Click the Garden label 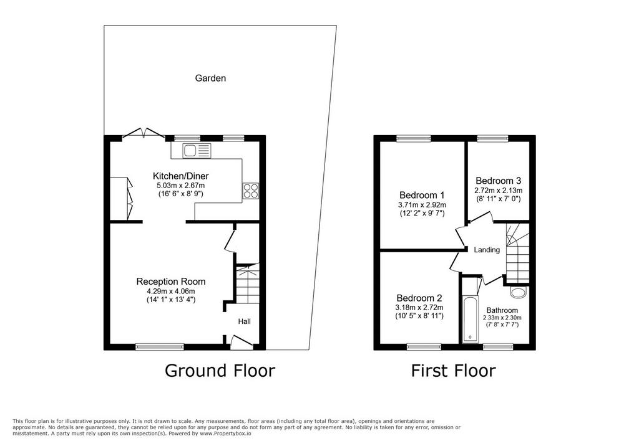(x=210, y=78)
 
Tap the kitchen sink (x=197, y=151)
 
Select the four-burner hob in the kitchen (x=251, y=191)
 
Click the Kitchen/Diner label (x=180, y=176)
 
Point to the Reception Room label (x=171, y=281)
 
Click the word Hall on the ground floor (x=245, y=321)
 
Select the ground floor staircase (x=248, y=283)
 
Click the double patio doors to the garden (x=144, y=134)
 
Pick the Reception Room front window (x=160, y=347)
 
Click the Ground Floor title (x=220, y=371)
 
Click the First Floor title (x=453, y=371)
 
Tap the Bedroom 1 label (x=422, y=195)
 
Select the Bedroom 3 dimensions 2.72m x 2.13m (x=499, y=190)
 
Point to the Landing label (x=487, y=250)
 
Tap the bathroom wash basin (x=519, y=292)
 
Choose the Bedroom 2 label (x=419, y=298)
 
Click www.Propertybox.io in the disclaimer (x=225, y=434)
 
